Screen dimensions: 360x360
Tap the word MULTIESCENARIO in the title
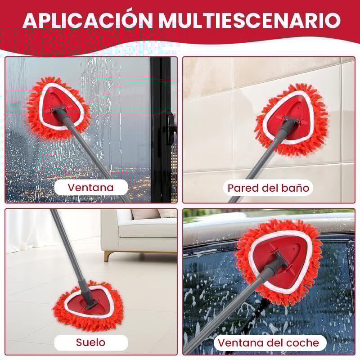[x=250, y=20]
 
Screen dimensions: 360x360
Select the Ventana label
[x=91, y=188]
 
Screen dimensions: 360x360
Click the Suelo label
[x=91, y=342]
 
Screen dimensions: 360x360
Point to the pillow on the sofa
[x=145, y=214]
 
